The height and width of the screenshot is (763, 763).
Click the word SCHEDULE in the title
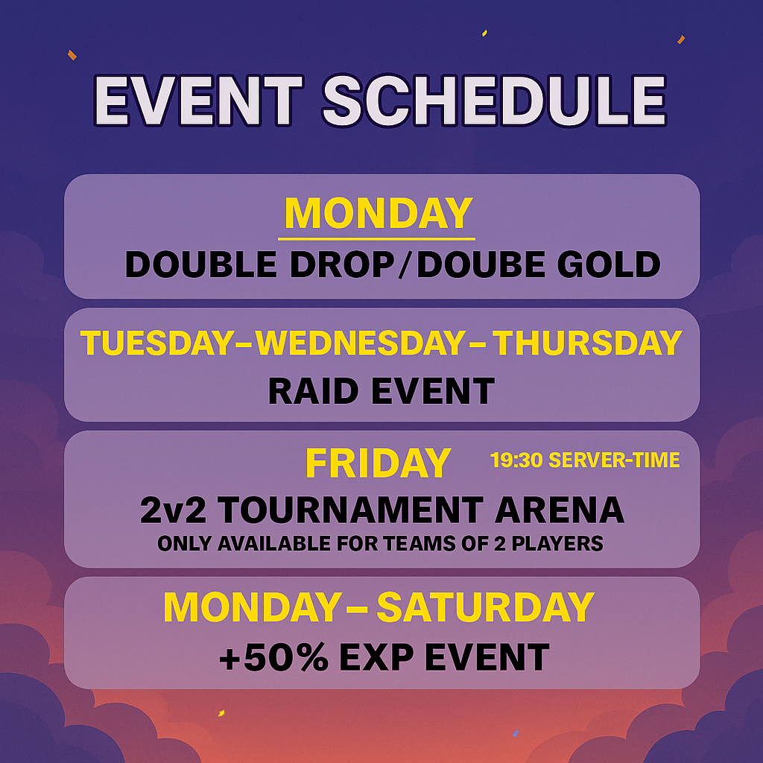(494, 101)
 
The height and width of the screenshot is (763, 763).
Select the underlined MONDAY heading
(379, 213)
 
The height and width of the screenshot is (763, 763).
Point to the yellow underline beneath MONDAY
(376, 239)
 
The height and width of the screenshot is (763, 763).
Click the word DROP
(342, 265)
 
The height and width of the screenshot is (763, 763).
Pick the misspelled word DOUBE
(481, 265)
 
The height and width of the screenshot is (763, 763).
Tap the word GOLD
(609, 265)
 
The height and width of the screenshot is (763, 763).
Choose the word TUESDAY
(157, 343)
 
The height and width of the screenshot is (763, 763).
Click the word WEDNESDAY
(361, 343)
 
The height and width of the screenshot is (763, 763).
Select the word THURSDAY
(587, 343)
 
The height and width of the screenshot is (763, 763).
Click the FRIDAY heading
(378, 463)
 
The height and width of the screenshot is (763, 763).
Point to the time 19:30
(516, 460)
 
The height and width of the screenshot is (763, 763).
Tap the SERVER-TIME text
(614, 460)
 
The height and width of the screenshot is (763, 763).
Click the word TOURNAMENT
(350, 510)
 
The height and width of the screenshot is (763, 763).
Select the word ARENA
(560, 510)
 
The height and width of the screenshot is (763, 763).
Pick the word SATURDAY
(485, 607)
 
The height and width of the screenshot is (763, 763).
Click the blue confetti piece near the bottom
(516, 733)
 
